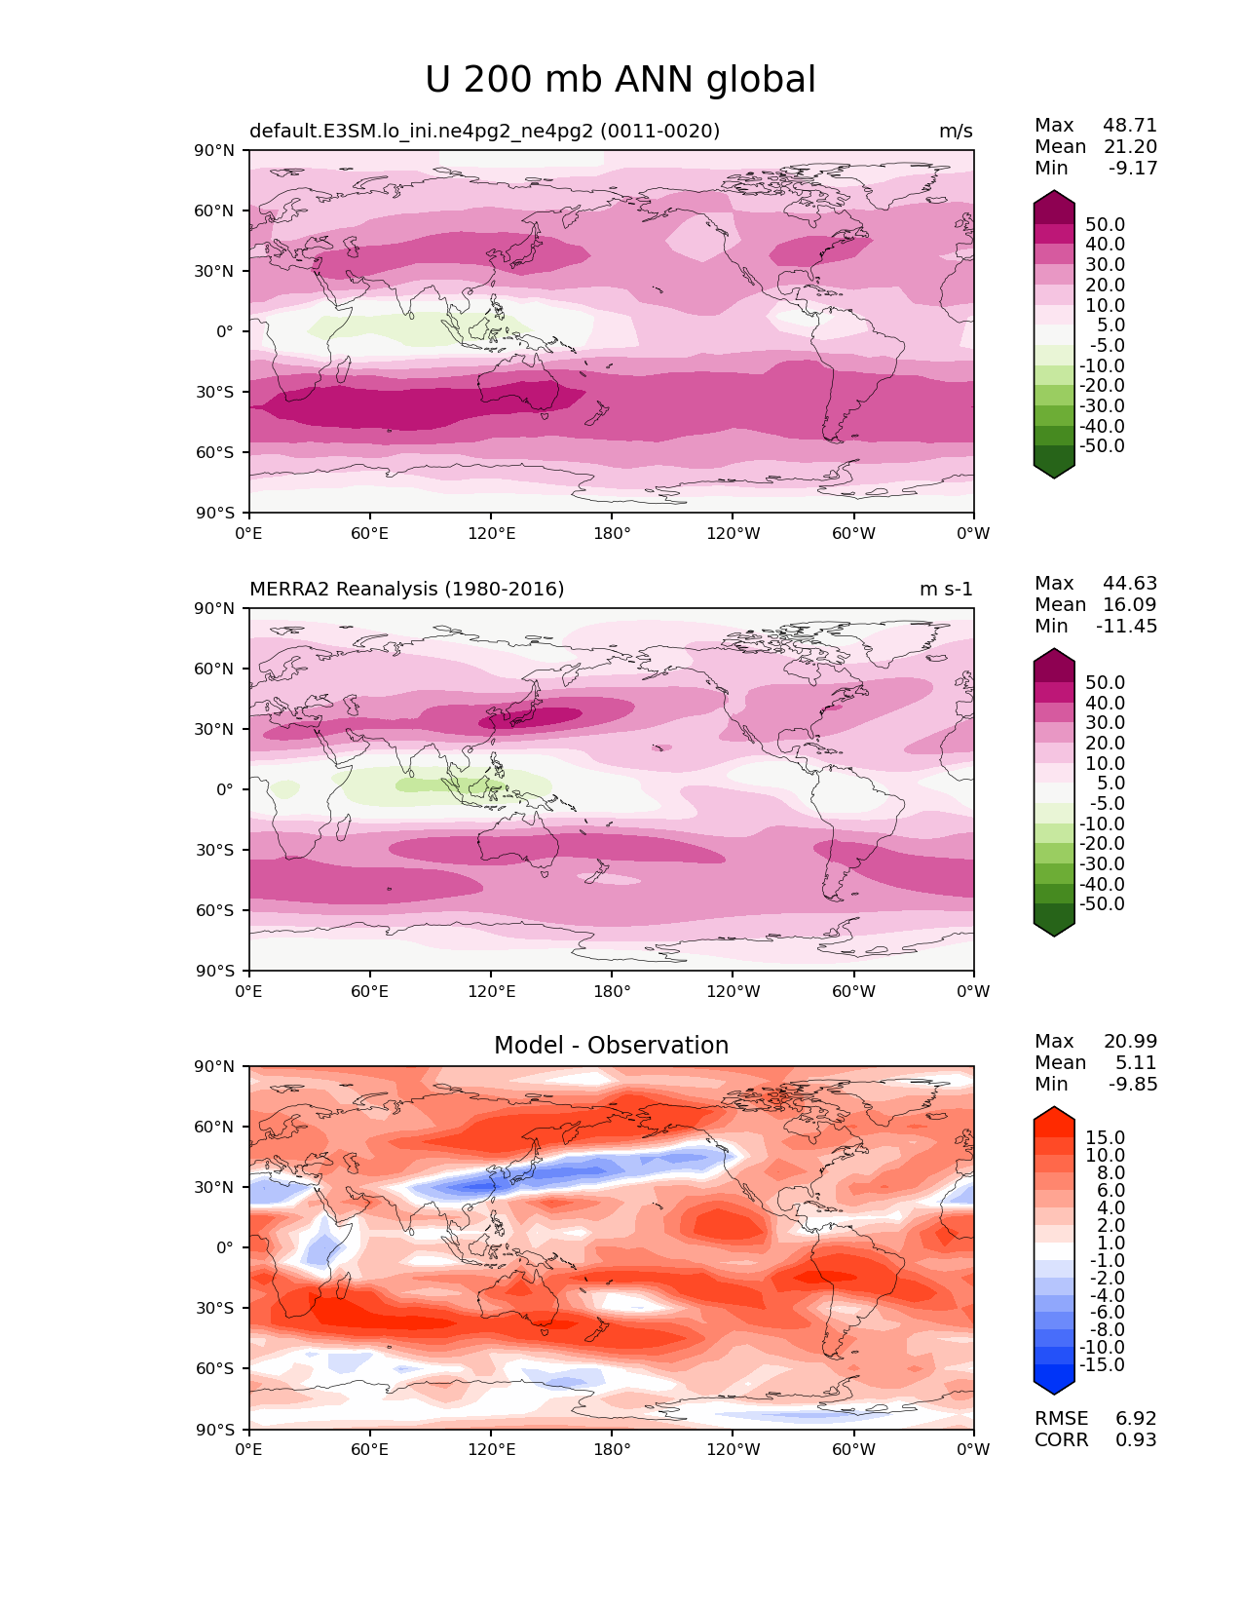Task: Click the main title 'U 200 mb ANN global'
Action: tap(620, 80)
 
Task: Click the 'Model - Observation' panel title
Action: tap(611, 1045)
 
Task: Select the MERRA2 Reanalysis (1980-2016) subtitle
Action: tap(406, 589)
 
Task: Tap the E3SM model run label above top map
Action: tap(484, 131)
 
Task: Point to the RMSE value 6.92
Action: tap(1136, 1419)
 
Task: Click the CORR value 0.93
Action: tap(1136, 1440)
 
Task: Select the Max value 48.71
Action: tap(1130, 125)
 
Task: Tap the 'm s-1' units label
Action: tap(946, 589)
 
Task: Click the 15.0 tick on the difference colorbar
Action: tap(1106, 1137)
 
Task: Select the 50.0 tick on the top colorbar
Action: tap(1106, 224)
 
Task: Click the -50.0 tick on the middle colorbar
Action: tap(1102, 903)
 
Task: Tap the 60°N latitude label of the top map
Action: tap(213, 211)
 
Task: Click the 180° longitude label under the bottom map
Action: tap(612, 1450)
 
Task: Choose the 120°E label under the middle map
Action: tap(491, 991)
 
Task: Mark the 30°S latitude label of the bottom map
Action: tap(214, 1308)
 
